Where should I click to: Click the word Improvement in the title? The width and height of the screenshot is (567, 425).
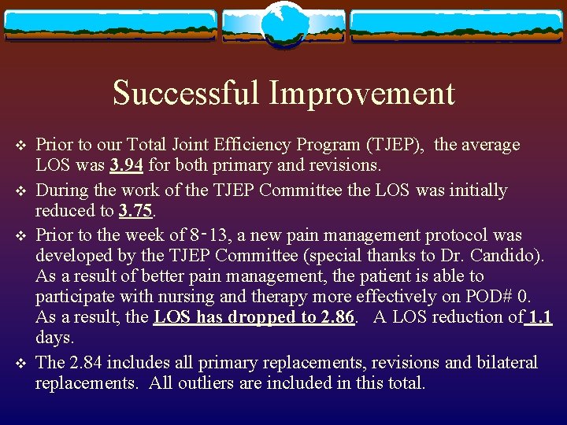click(362, 94)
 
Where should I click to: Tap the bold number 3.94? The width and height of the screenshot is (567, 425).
click(128, 165)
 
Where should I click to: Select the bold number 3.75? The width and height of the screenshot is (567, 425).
click(135, 211)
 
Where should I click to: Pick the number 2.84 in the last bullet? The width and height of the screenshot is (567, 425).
click(85, 362)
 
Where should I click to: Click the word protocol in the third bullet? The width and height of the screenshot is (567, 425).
click(462, 235)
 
